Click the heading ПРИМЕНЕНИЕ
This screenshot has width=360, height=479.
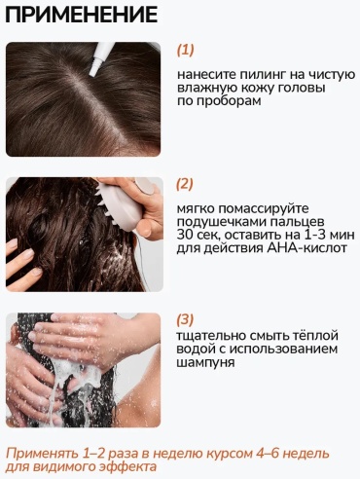tap(81, 15)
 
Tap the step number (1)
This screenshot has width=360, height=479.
tap(185, 50)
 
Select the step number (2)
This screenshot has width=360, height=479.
tap(185, 184)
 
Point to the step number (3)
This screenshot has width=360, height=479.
tap(185, 319)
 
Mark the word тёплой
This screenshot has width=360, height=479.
tap(317, 335)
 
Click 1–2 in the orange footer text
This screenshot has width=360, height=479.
tap(91, 454)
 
